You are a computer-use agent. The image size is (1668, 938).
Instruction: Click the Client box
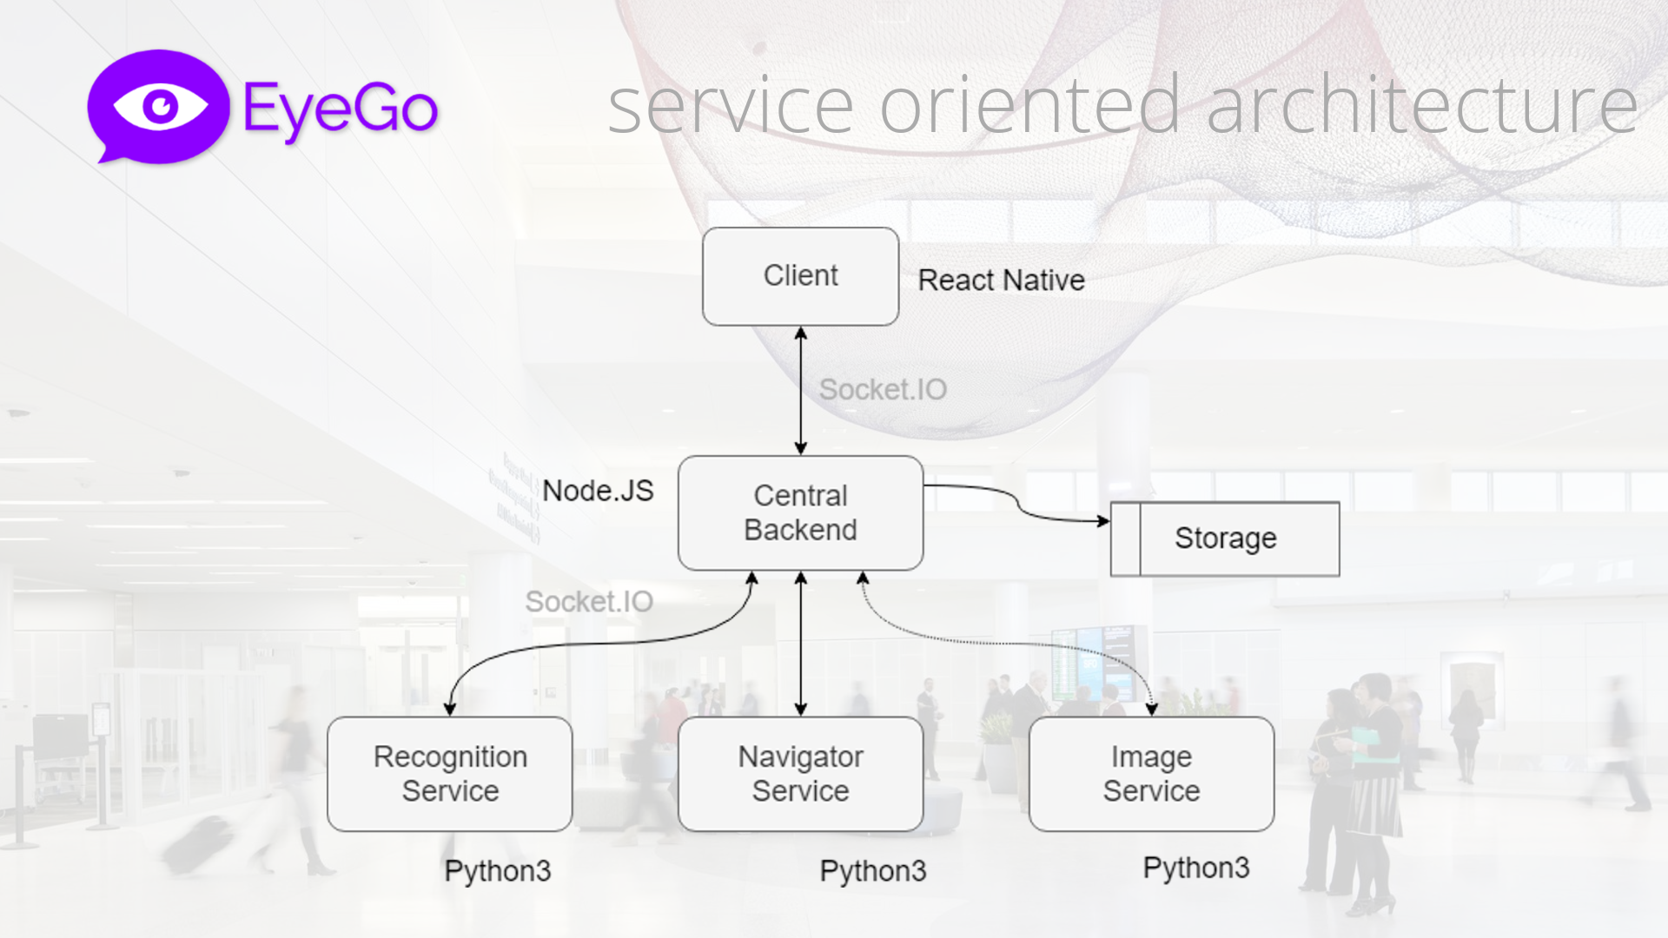click(800, 276)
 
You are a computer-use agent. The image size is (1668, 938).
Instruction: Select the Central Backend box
click(800, 512)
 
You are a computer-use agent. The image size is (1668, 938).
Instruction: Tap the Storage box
click(1225, 538)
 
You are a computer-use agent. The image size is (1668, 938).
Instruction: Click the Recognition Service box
click(450, 773)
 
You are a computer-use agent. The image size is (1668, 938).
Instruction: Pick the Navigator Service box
click(800, 773)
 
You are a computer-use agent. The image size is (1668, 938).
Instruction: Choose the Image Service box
click(1151, 773)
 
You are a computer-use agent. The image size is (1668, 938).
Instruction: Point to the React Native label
click(1001, 280)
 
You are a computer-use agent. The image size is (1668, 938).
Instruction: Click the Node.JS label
click(598, 491)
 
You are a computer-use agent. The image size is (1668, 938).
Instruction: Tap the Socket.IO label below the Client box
click(883, 389)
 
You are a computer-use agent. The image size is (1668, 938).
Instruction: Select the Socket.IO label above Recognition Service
click(589, 601)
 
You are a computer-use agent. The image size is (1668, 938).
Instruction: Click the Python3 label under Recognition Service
click(498, 870)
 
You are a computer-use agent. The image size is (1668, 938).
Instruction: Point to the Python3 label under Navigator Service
click(873, 870)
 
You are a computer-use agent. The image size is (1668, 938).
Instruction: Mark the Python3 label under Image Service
click(1196, 867)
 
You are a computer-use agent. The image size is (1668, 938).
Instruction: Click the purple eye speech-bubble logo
click(158, 106)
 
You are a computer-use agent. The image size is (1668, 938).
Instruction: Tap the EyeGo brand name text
click(341, 109)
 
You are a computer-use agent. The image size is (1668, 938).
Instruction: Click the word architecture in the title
click(1421, 106)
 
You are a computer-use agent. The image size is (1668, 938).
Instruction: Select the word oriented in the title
click(1030, 106)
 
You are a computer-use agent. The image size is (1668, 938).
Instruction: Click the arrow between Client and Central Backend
click(800, 391)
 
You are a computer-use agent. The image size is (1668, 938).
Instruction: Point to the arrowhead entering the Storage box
click(1103, 521)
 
